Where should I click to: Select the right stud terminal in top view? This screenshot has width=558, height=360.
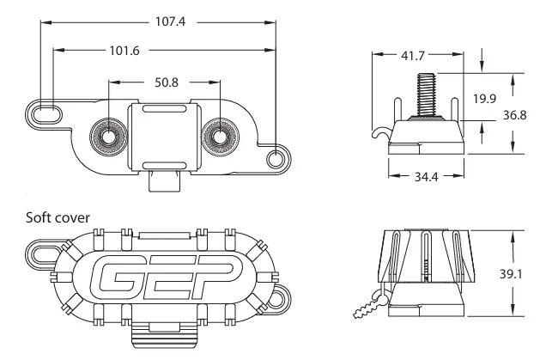(218, 135)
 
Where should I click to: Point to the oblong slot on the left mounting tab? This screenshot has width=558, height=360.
(46, 113)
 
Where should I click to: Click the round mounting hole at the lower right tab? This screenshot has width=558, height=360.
(275, 158)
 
